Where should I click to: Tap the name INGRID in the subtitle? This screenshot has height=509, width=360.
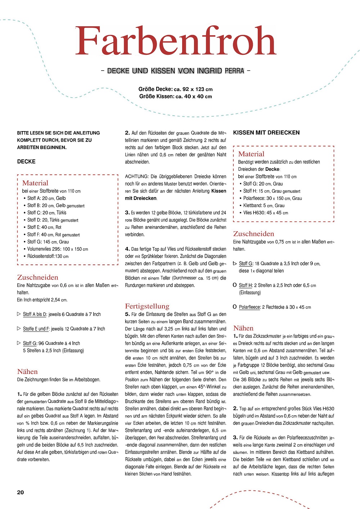(210, 71)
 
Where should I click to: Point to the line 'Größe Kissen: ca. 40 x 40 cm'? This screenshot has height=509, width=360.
(176, 97)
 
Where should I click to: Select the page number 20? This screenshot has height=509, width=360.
(21, 492)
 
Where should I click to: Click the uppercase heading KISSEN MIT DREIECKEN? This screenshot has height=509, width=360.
(266, 133)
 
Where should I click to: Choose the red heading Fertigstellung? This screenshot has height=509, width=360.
(147, 306)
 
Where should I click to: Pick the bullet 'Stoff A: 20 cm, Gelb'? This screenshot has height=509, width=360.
(46, 198)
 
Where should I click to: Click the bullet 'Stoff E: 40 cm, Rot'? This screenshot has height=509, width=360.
(44, 227)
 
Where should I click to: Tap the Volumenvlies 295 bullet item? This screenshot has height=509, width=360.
(58, 249)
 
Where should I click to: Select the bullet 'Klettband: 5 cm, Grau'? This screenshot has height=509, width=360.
(264, 206)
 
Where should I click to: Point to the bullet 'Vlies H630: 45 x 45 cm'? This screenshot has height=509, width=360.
(266, 213)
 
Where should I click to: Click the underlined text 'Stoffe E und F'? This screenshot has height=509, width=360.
(36, 329)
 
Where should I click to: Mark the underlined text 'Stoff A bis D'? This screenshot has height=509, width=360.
(35, 314)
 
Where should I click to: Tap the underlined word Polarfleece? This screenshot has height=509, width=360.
(249, 307)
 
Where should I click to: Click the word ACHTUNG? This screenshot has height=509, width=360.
(136, 177)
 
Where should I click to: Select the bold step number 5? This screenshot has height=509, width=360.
(127, 314)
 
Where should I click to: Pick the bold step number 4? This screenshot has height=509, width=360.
(127, 249)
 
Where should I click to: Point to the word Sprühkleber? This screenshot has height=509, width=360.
(154, 256)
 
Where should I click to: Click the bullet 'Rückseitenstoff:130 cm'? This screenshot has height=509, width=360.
(48, 256)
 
